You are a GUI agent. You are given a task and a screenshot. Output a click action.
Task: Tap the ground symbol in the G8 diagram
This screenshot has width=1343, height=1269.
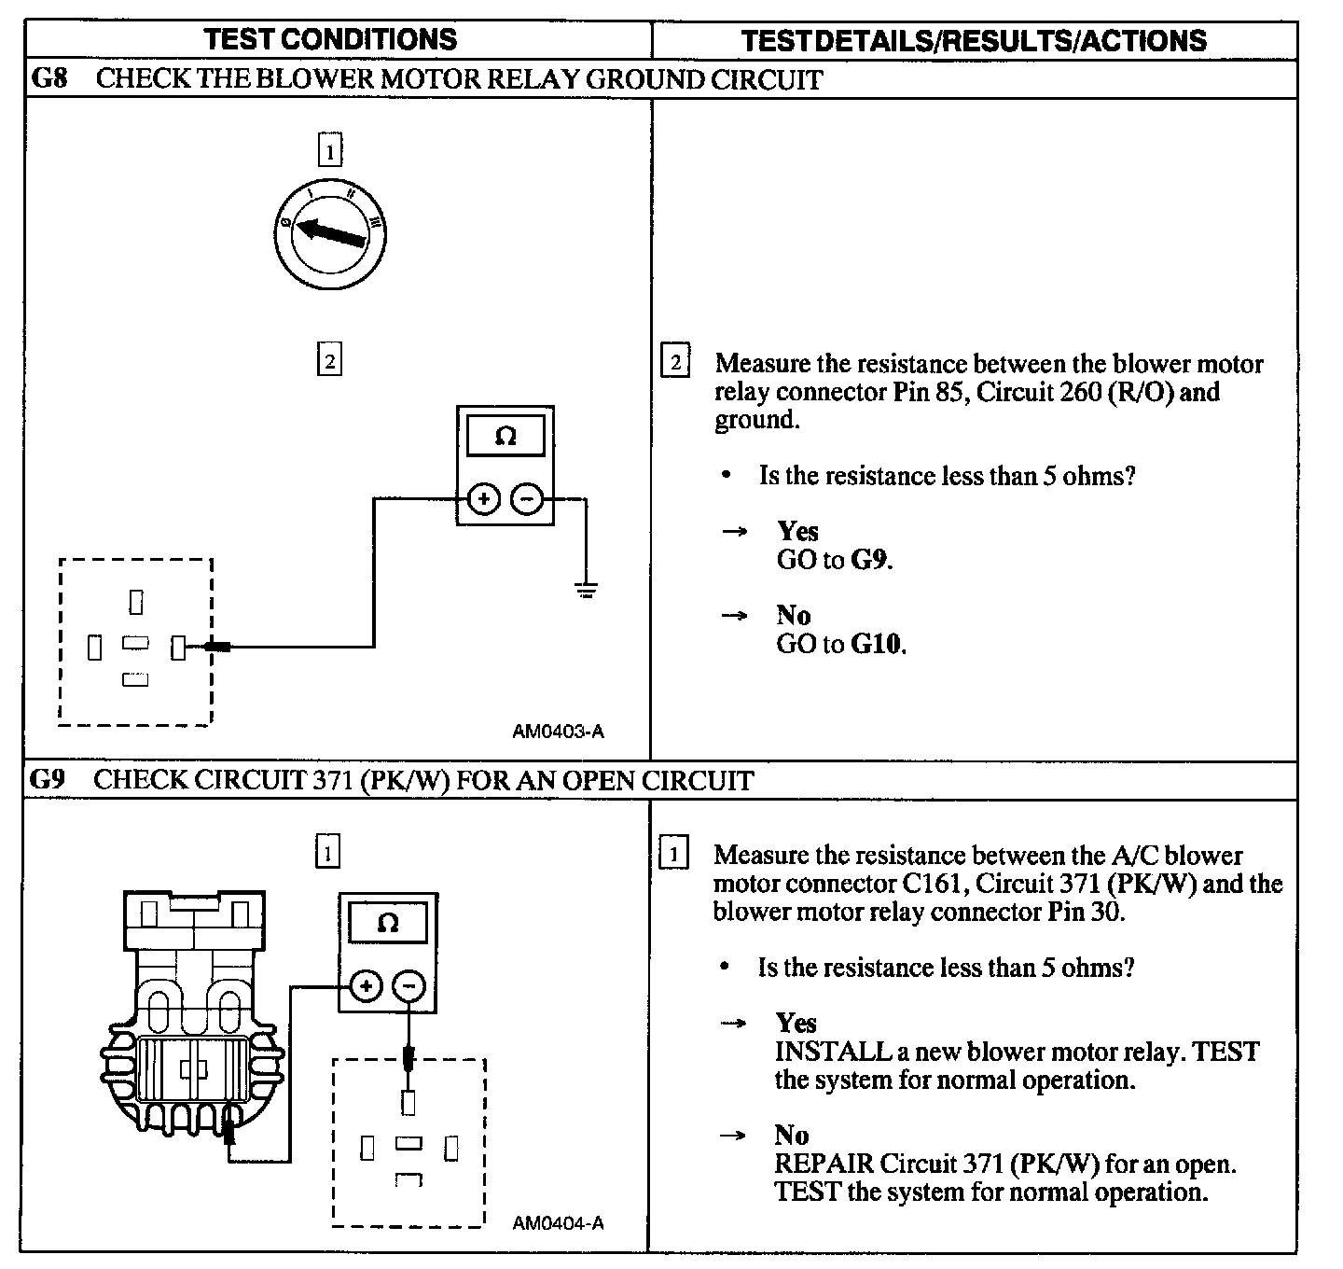pos(586,590)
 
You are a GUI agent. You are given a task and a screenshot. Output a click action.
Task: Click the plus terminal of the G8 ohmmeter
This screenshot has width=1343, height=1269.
pos(483,500)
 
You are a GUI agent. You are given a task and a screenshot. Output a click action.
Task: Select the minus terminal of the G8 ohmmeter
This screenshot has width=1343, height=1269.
pos(527,500)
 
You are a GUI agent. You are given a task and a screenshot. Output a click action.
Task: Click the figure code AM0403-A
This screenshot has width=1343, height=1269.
pos(558,732)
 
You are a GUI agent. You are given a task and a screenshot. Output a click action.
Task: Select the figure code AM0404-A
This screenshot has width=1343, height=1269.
pos(558,1222)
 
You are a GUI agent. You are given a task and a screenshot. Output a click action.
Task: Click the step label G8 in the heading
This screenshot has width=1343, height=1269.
pos(49,78)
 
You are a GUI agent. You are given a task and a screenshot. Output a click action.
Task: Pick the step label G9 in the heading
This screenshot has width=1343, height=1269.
pos(48,780)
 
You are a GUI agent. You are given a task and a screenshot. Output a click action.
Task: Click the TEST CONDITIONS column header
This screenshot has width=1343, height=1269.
pos(330,39)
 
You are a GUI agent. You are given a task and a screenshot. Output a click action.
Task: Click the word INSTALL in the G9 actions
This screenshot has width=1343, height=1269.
pos(832,1052)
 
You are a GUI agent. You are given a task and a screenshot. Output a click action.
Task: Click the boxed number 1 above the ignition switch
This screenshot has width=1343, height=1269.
pos(329,150)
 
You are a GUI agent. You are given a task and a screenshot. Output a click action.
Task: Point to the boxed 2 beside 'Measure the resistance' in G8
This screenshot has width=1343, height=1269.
pos(675,362)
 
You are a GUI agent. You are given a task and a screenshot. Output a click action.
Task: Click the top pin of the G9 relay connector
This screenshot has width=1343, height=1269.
pos(408,1103)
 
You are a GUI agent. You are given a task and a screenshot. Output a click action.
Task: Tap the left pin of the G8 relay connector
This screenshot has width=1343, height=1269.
pos(94,647)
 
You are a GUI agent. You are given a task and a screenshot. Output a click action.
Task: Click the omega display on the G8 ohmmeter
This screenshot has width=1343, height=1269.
pos(505,437)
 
